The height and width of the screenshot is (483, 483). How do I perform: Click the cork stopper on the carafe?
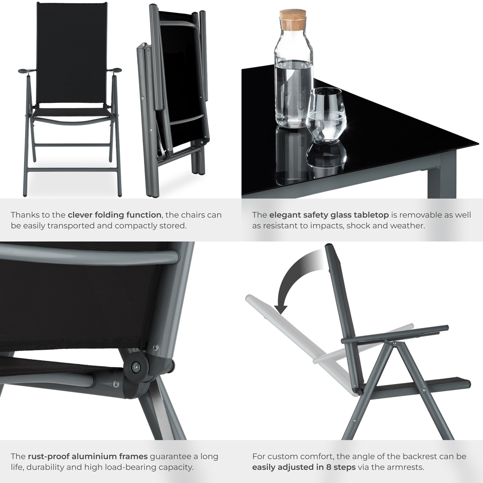(293, 19)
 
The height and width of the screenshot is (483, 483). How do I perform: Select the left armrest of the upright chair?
(27, 71)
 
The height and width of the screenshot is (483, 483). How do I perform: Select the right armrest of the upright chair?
(114, 70)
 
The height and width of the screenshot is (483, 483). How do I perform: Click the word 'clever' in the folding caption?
(81, 215)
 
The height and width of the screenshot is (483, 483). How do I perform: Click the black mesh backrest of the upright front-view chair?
(71, 53)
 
